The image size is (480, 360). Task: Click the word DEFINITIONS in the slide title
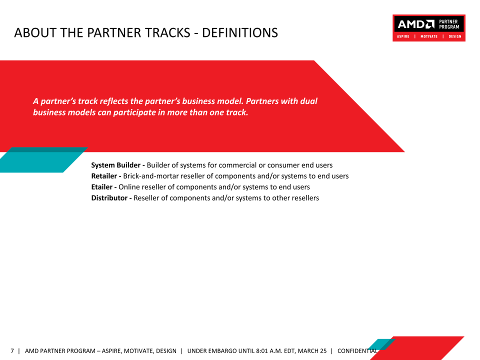(x=239, y=33)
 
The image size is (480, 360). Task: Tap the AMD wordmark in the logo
(x=416, y=24)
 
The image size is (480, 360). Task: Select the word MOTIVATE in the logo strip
(x=429, y=36)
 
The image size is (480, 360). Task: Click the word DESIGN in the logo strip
(x=455, y=36)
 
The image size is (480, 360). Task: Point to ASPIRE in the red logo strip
(x=403, y=36)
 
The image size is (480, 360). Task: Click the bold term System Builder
(x=115, y=165)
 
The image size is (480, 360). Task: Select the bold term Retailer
(x=104, y=176)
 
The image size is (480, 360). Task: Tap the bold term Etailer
(x=102, y=187)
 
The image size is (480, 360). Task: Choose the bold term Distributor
(x=109, y=198)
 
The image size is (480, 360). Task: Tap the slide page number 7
(x=12, y=351)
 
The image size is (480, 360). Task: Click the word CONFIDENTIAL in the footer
(x=357, y=351)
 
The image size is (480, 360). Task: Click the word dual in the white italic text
(x=308, y=101)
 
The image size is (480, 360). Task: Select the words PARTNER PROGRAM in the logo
(x=449, y=24)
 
